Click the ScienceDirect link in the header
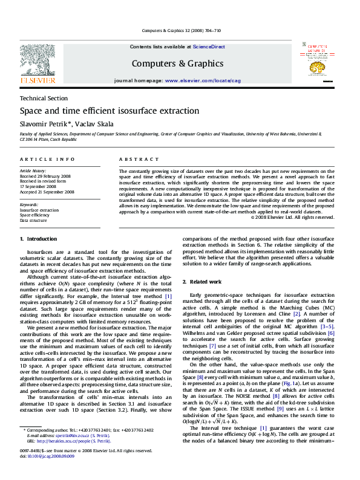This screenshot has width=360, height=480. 209,47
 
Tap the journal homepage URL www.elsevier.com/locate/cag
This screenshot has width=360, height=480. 203,80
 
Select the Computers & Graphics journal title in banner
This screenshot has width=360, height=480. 177,63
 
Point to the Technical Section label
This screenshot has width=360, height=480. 44,98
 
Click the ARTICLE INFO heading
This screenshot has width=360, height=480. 47,159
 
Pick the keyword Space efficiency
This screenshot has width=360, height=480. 35,215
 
